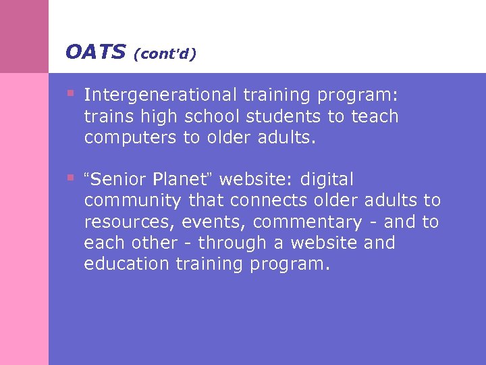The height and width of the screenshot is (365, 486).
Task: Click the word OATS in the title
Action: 95,51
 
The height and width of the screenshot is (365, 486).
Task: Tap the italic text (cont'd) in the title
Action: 165,53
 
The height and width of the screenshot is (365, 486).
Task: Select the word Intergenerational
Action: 159,95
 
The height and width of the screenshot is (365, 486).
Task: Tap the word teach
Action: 374,117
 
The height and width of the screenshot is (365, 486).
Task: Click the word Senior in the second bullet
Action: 118,180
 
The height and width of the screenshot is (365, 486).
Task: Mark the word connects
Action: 261,201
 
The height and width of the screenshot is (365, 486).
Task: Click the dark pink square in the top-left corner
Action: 24,36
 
